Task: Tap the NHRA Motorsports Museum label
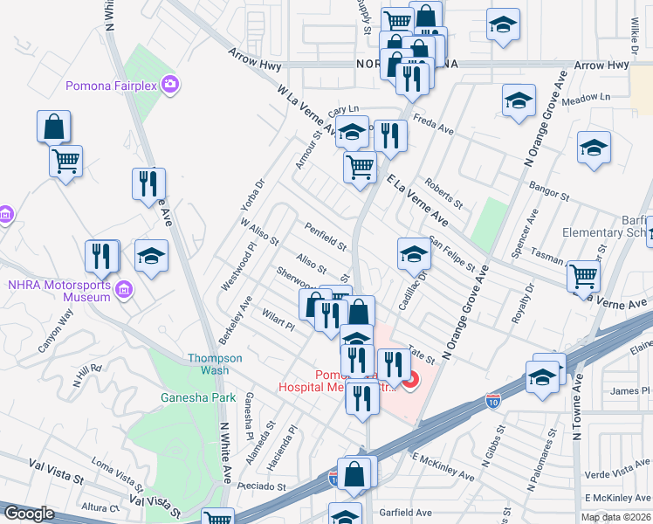pos(59,291)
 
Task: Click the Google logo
pos(29,514)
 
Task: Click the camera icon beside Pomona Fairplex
pos(172,85)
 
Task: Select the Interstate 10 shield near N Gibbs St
pos(492,403)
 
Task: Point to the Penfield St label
pos(326,236)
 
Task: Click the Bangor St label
pos(549,189)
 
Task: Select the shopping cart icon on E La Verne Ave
pos(583,276)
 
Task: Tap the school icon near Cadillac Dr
pos(414,254)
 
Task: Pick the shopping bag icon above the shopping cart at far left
pos(53,127)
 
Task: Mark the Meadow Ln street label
pos(584,97)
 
